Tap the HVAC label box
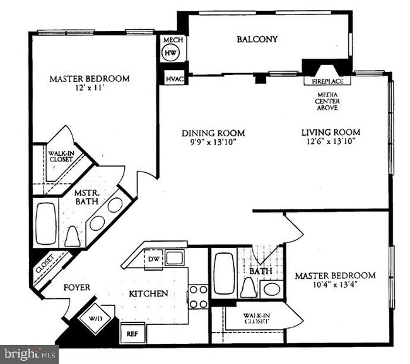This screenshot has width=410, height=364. [173, 79]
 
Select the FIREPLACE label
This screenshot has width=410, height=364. [327, 81]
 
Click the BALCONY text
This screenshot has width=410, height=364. [257, 40]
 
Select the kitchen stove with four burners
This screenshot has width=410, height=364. [198, 296]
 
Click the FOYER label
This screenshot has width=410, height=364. [77, 288]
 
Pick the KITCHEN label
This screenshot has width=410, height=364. [148, 293]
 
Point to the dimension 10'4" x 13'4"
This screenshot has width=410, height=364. [335, 285]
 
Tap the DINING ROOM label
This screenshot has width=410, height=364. [213, 133]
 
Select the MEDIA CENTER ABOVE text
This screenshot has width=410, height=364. [327, 101]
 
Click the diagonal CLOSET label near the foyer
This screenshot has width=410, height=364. [45, 266]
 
